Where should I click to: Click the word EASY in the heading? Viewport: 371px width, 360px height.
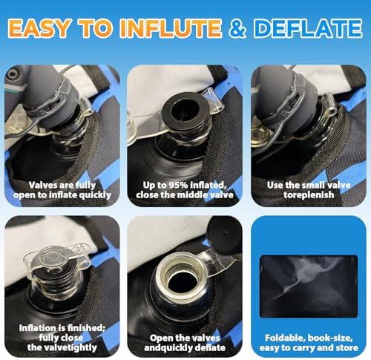39,27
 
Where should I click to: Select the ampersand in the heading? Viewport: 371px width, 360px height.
237,27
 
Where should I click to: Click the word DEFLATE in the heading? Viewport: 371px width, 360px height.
308,27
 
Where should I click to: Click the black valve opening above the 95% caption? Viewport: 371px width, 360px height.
183,111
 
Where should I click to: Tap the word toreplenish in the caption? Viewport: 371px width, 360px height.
309,195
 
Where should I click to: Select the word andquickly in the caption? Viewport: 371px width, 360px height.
166,348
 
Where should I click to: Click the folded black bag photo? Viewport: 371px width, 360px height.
309,287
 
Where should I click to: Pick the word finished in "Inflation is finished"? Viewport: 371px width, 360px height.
87,328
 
